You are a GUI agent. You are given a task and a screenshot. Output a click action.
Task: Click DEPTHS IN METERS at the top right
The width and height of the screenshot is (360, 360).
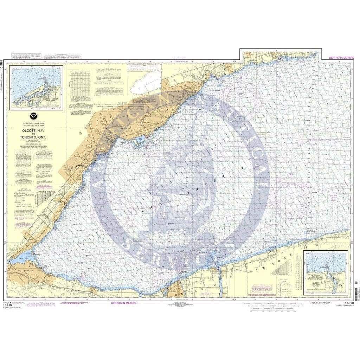coord(341,57)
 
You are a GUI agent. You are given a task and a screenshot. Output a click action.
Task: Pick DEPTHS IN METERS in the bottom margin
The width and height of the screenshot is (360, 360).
coord(123,302)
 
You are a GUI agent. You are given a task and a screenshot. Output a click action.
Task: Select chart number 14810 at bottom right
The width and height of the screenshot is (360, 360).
coord(349,303)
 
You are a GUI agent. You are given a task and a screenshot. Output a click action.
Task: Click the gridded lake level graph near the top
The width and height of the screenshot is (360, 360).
coord(80,84)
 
